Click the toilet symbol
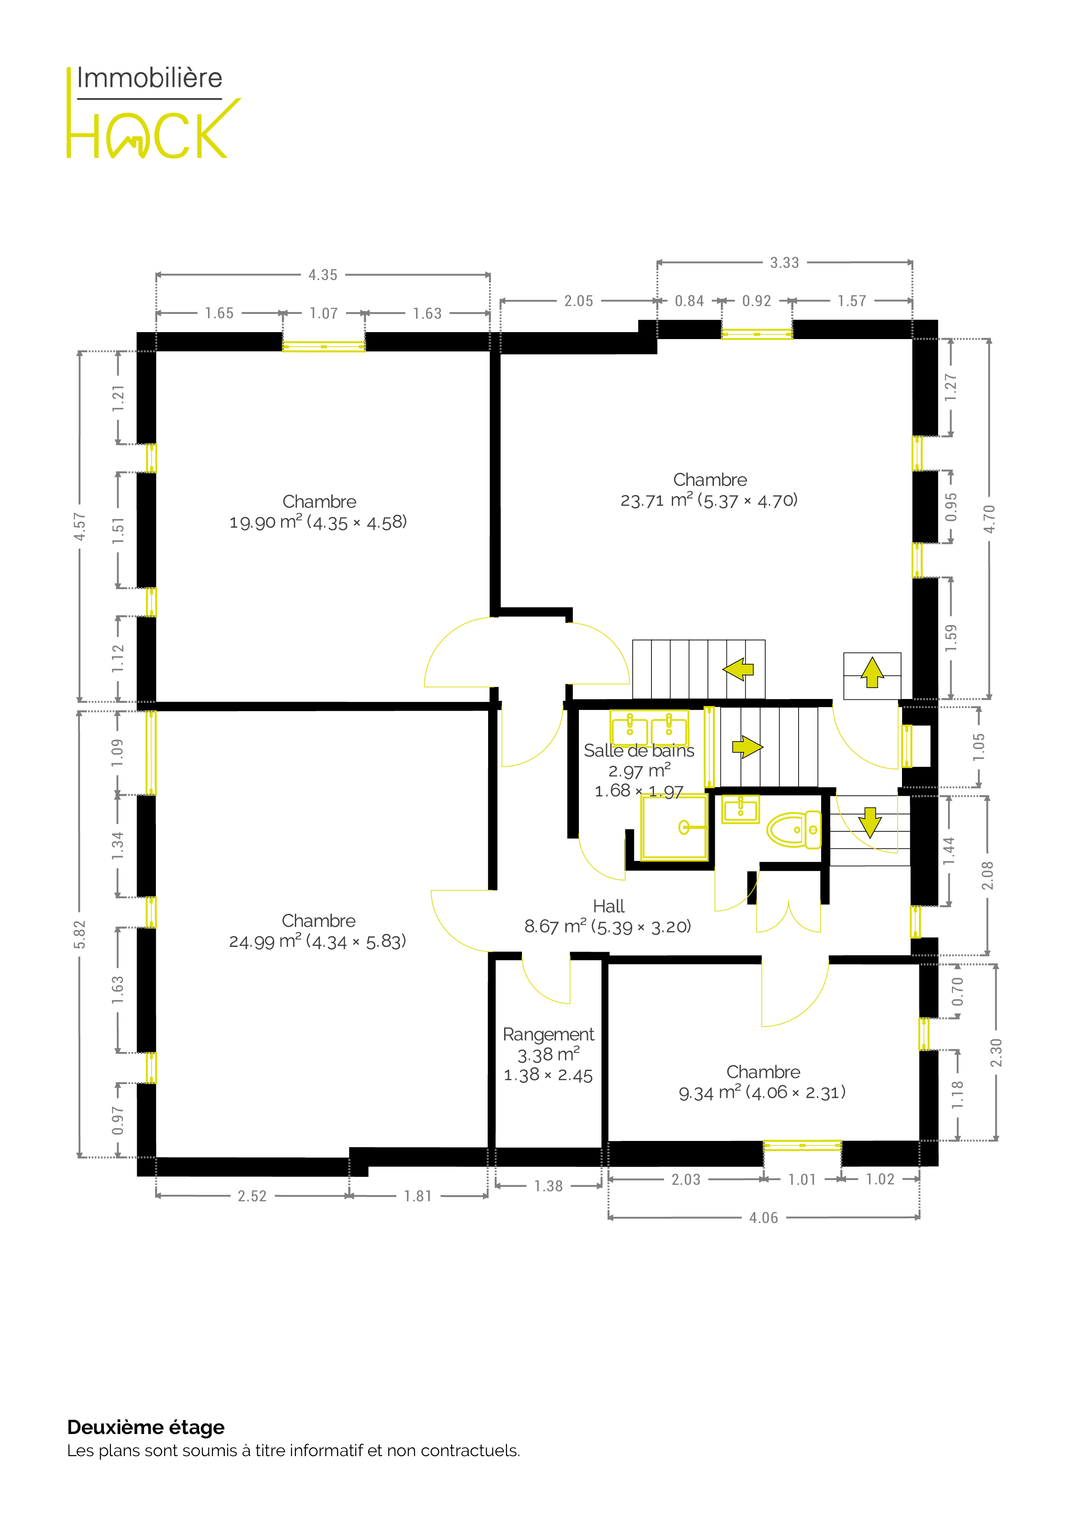(794, 829)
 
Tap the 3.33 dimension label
(784, 263)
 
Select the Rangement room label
(548, 1034)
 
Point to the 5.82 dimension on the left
(79, 934)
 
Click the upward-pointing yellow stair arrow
(872, 672)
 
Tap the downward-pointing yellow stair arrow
(869, 823)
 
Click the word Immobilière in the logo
(150, 78)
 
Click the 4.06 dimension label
(764, 1218)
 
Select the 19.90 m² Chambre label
(318, 512)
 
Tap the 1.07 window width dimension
(324, 313)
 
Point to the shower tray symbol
(674, 827)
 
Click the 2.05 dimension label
(578, 301)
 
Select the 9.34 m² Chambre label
(763, 1082)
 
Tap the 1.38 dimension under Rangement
(549, 1186)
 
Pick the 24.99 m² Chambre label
(318, 931)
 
